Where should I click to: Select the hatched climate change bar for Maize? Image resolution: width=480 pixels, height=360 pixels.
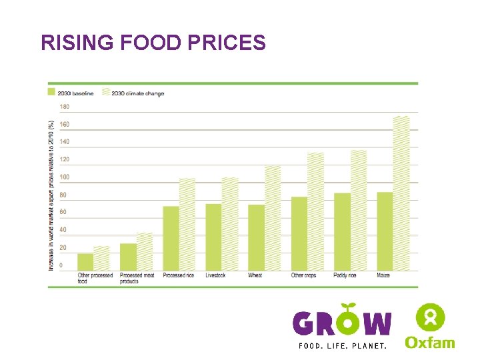(x=401, y=193)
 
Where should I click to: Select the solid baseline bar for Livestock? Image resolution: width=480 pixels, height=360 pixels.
(x=213, y=237)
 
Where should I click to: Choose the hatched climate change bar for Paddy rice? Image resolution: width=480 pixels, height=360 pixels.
(x=359, y=210)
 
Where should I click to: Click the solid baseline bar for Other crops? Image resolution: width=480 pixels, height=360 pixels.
(x=299, y=233)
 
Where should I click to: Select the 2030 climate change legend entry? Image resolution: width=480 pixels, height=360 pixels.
(x=133, y=93)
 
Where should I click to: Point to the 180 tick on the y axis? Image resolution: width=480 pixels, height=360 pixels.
(x=65, y=107)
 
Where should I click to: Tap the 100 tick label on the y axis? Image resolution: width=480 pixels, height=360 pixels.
(x=65, y=177)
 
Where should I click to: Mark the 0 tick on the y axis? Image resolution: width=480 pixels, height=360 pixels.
(x=62, y=265)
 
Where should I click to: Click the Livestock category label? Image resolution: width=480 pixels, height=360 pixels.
(x=215, y=275)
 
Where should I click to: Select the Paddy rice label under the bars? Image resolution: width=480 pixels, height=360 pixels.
(x=343, y=275)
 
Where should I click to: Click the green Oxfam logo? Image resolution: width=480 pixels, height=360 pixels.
(x=430, y=327)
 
